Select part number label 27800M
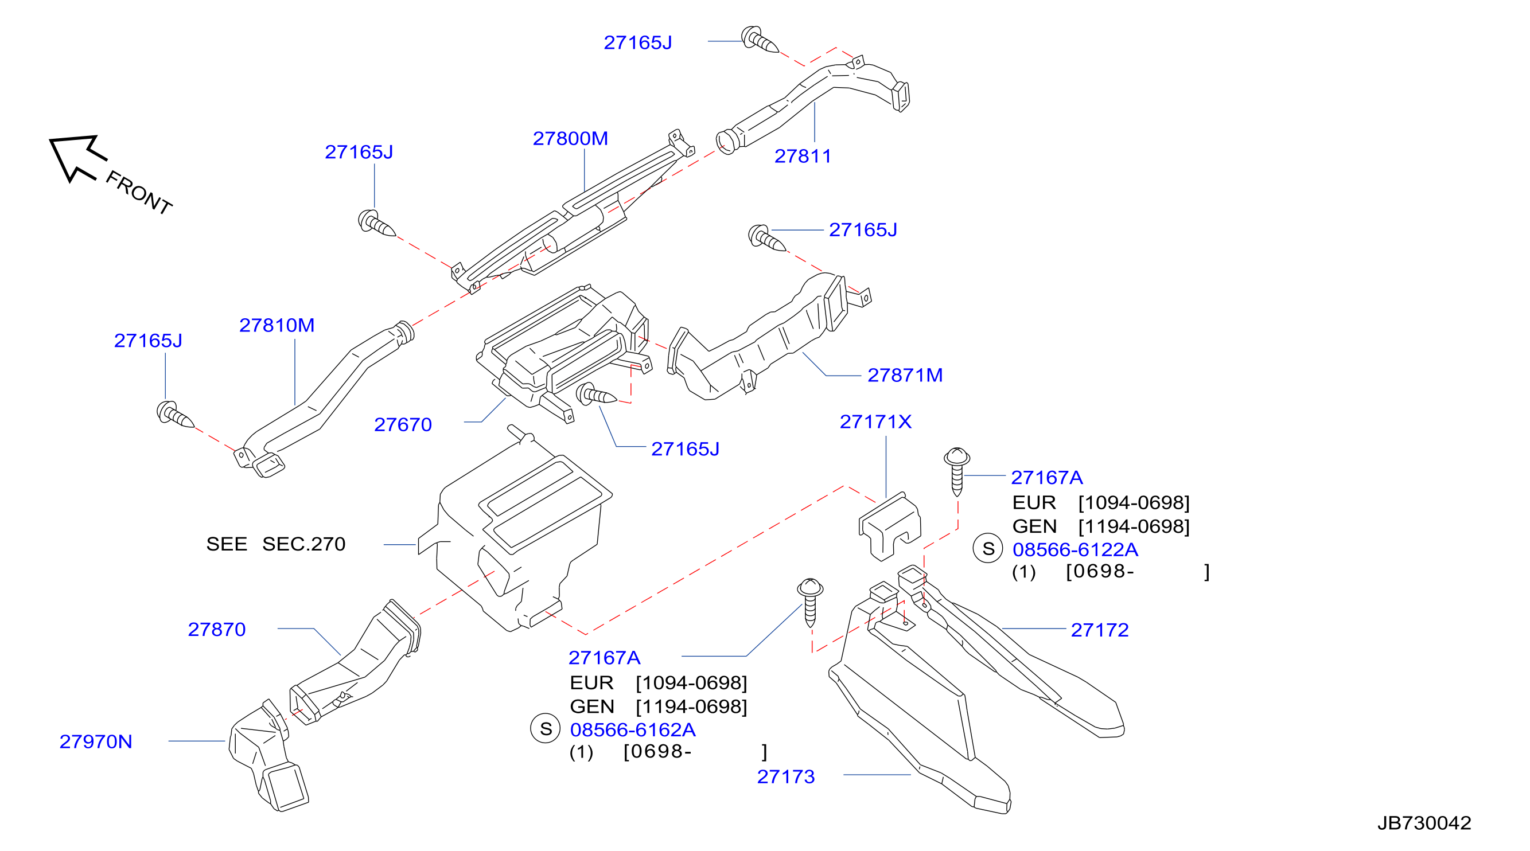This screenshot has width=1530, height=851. pos(570,139)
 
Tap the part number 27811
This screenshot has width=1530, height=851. pos(803,156)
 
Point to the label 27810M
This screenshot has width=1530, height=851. pos(277,326)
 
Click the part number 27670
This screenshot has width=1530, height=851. pos(403,424)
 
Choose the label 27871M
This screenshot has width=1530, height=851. pos(905,375)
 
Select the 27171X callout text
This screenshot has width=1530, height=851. pos(875,421)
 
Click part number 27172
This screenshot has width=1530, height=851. pos(1099,630)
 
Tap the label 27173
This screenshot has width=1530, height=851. pos(786,777)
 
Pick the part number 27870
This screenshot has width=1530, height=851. pos(217,630)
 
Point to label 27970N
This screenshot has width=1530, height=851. pos(96,741)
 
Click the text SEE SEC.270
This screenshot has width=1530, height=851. pos(275,544)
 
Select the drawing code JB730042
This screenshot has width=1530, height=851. pos(1424,823)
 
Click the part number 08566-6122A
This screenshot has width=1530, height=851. pos(1075,550)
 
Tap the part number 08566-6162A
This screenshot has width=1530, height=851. pos(633,730)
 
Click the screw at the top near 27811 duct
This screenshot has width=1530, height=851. pos(760,39)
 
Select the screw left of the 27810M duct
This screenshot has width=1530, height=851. pos(175,414)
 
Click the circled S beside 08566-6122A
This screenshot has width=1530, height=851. pos(988,549)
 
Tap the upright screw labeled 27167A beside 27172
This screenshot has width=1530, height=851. pos(956,471)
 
